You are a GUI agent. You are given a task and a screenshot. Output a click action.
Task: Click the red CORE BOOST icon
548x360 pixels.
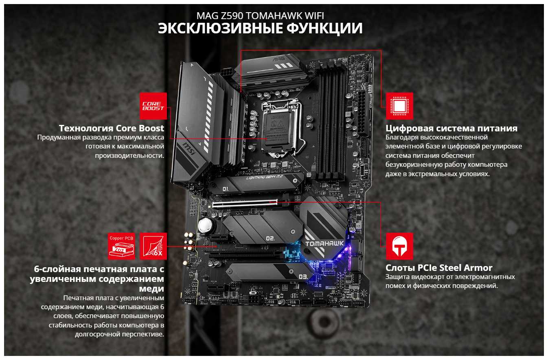153,106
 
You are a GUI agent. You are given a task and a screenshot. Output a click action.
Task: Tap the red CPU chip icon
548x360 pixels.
399,106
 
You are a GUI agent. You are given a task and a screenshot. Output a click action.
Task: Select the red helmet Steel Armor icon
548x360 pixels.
399,246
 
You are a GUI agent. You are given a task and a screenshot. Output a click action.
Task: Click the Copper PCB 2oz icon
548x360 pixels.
121,246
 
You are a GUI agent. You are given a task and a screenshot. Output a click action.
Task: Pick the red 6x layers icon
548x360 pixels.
153,246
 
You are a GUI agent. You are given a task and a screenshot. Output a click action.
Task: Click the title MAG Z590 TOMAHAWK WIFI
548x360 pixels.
260,16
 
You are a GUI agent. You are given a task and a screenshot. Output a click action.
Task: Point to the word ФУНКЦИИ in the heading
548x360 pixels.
324,28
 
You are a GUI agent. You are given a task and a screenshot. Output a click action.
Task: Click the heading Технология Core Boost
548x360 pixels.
112,128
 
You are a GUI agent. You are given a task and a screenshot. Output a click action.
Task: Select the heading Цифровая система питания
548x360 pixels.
452,128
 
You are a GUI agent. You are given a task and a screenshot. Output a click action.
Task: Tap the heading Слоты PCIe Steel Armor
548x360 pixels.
439,268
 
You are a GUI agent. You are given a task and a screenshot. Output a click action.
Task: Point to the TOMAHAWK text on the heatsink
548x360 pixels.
324,243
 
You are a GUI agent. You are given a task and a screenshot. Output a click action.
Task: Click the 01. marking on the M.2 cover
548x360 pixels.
225,189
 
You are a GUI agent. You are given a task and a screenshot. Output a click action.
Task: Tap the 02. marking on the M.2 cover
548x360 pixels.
270,238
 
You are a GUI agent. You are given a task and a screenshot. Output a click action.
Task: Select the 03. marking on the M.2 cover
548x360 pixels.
303,277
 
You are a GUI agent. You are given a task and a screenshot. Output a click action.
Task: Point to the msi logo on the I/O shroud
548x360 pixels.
189,149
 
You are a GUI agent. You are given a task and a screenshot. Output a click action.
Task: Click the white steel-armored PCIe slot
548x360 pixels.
245,203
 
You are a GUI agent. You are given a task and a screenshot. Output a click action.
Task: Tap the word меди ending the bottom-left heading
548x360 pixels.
151,288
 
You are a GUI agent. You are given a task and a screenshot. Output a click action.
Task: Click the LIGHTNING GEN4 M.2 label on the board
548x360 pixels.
264,177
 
